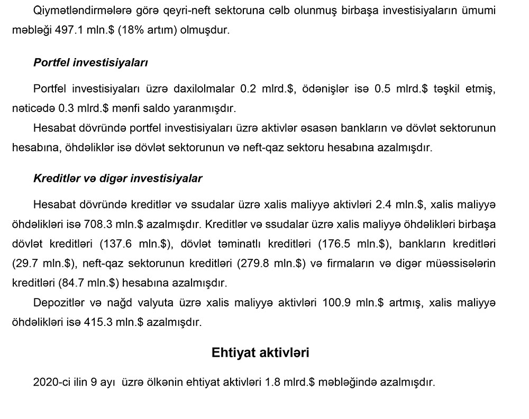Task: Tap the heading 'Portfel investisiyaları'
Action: tap(90, 62)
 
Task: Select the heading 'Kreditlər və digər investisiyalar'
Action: tap(117, 179)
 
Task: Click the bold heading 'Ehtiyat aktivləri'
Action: tap(260, 352)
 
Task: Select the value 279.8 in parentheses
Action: tap(260, 263)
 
